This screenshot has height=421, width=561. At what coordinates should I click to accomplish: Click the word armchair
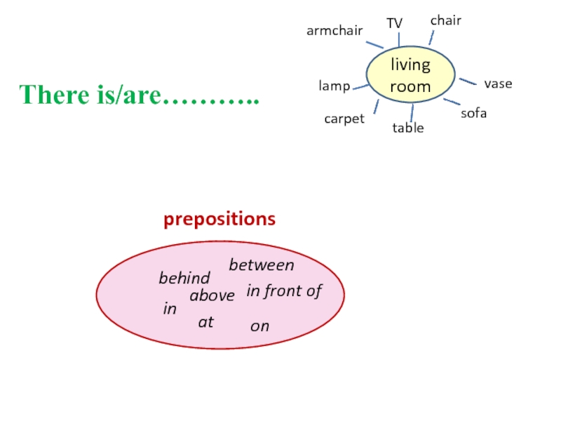[334, 31]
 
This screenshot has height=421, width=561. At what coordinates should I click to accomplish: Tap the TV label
[395, 23]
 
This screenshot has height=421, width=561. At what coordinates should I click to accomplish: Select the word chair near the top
[445, 20]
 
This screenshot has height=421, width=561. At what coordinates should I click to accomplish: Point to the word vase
[498, 83]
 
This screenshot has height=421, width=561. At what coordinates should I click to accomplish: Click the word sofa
[473, 112]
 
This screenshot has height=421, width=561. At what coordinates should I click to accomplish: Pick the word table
[408, 128]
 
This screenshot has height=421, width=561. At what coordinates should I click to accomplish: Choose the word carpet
[344, 119]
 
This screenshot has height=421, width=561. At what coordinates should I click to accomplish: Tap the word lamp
[334, 86]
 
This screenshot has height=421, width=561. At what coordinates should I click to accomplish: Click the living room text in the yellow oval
[410, 76]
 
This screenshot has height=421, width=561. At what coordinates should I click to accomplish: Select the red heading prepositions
[219, 219]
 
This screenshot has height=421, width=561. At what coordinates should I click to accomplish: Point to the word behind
[184, 279]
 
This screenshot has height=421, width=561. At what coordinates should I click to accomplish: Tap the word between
[262, 265]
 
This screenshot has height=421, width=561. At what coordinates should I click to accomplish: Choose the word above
[212, 296]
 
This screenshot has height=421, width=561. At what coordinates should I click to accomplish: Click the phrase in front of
[284, 291]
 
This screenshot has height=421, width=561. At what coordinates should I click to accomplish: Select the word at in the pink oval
[205, 322]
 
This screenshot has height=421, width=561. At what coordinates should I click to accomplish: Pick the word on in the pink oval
[259, 326]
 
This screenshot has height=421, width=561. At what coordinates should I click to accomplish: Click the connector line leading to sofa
[452, 103]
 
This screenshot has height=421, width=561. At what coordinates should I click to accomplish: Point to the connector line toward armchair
[375, 44]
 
